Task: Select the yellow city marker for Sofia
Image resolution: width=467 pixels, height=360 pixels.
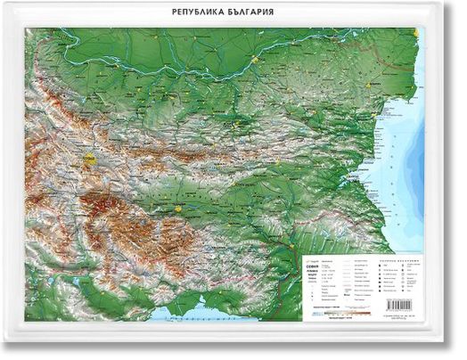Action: click(89, 161)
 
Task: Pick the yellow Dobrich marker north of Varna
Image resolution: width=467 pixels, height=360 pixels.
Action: click(375, 81)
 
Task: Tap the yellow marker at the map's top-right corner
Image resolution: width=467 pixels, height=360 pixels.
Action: click(418, 33)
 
